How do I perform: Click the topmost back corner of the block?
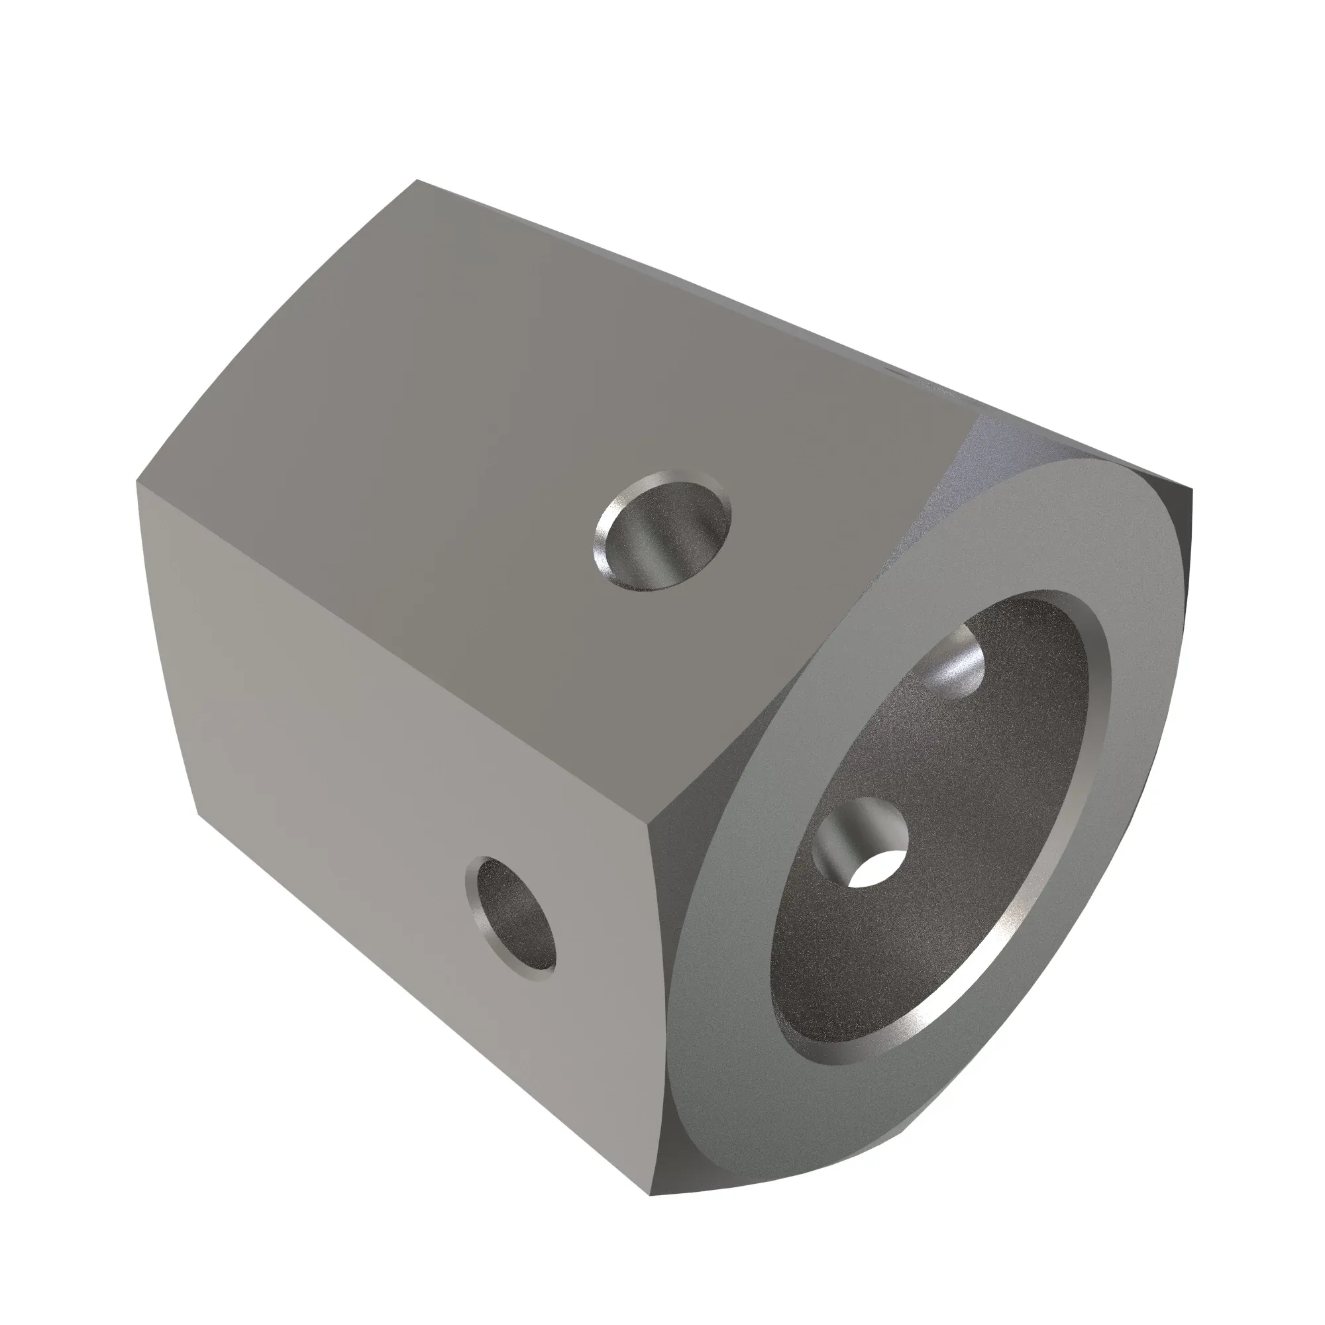[x=417, y=182]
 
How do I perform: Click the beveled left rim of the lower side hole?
[x=473, y=905]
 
